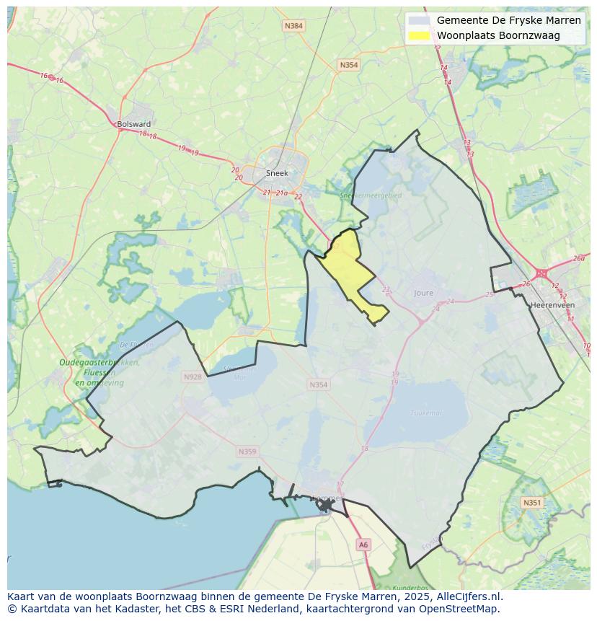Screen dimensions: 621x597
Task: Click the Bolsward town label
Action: (134, 124)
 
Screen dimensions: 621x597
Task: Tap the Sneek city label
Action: (277, 173)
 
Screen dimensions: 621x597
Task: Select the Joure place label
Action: (424, 293)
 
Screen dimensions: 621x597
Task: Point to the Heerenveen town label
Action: (552, 305)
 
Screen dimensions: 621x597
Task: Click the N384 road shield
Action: (293, 26)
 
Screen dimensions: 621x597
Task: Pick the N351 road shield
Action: (531, 503)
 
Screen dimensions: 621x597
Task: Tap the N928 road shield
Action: (193, 376)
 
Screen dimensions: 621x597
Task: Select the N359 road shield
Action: (247, 452)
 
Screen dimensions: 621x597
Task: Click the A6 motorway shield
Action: (363, 545)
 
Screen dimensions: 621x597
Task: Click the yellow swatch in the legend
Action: (419, 35)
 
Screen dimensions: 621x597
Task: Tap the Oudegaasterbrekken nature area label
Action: (99, 363)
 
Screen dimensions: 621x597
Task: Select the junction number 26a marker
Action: (578, 258)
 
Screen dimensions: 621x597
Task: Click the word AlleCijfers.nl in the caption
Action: (469, 596)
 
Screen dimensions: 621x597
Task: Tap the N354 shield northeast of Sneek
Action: (348, 65)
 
